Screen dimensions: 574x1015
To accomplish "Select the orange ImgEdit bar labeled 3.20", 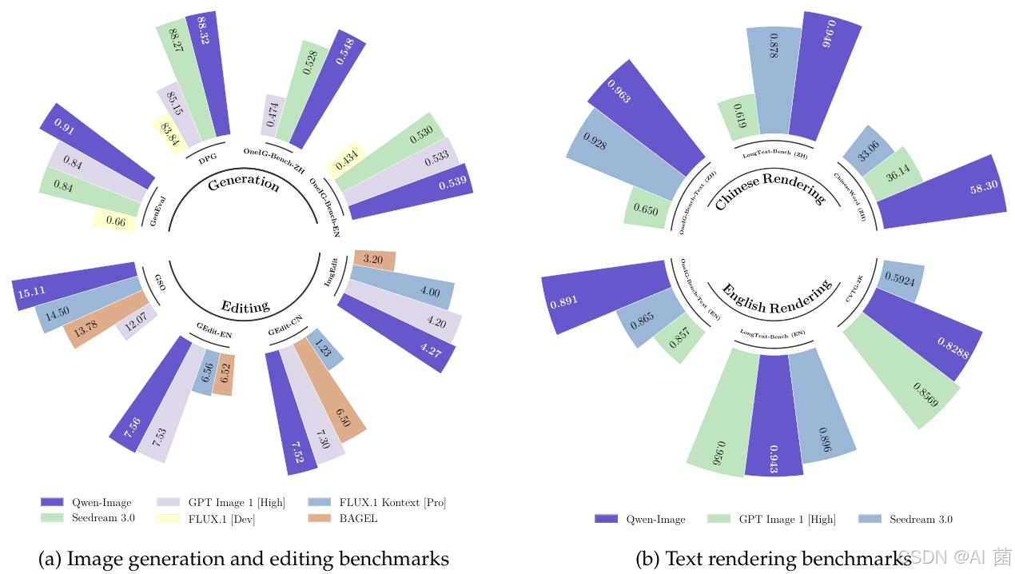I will [x=374, y=259].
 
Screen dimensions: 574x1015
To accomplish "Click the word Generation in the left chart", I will [x=243, y=183].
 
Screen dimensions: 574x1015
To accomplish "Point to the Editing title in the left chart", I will [x=245, y=306].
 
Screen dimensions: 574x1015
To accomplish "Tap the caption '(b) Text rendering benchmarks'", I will [x=773, y=559].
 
